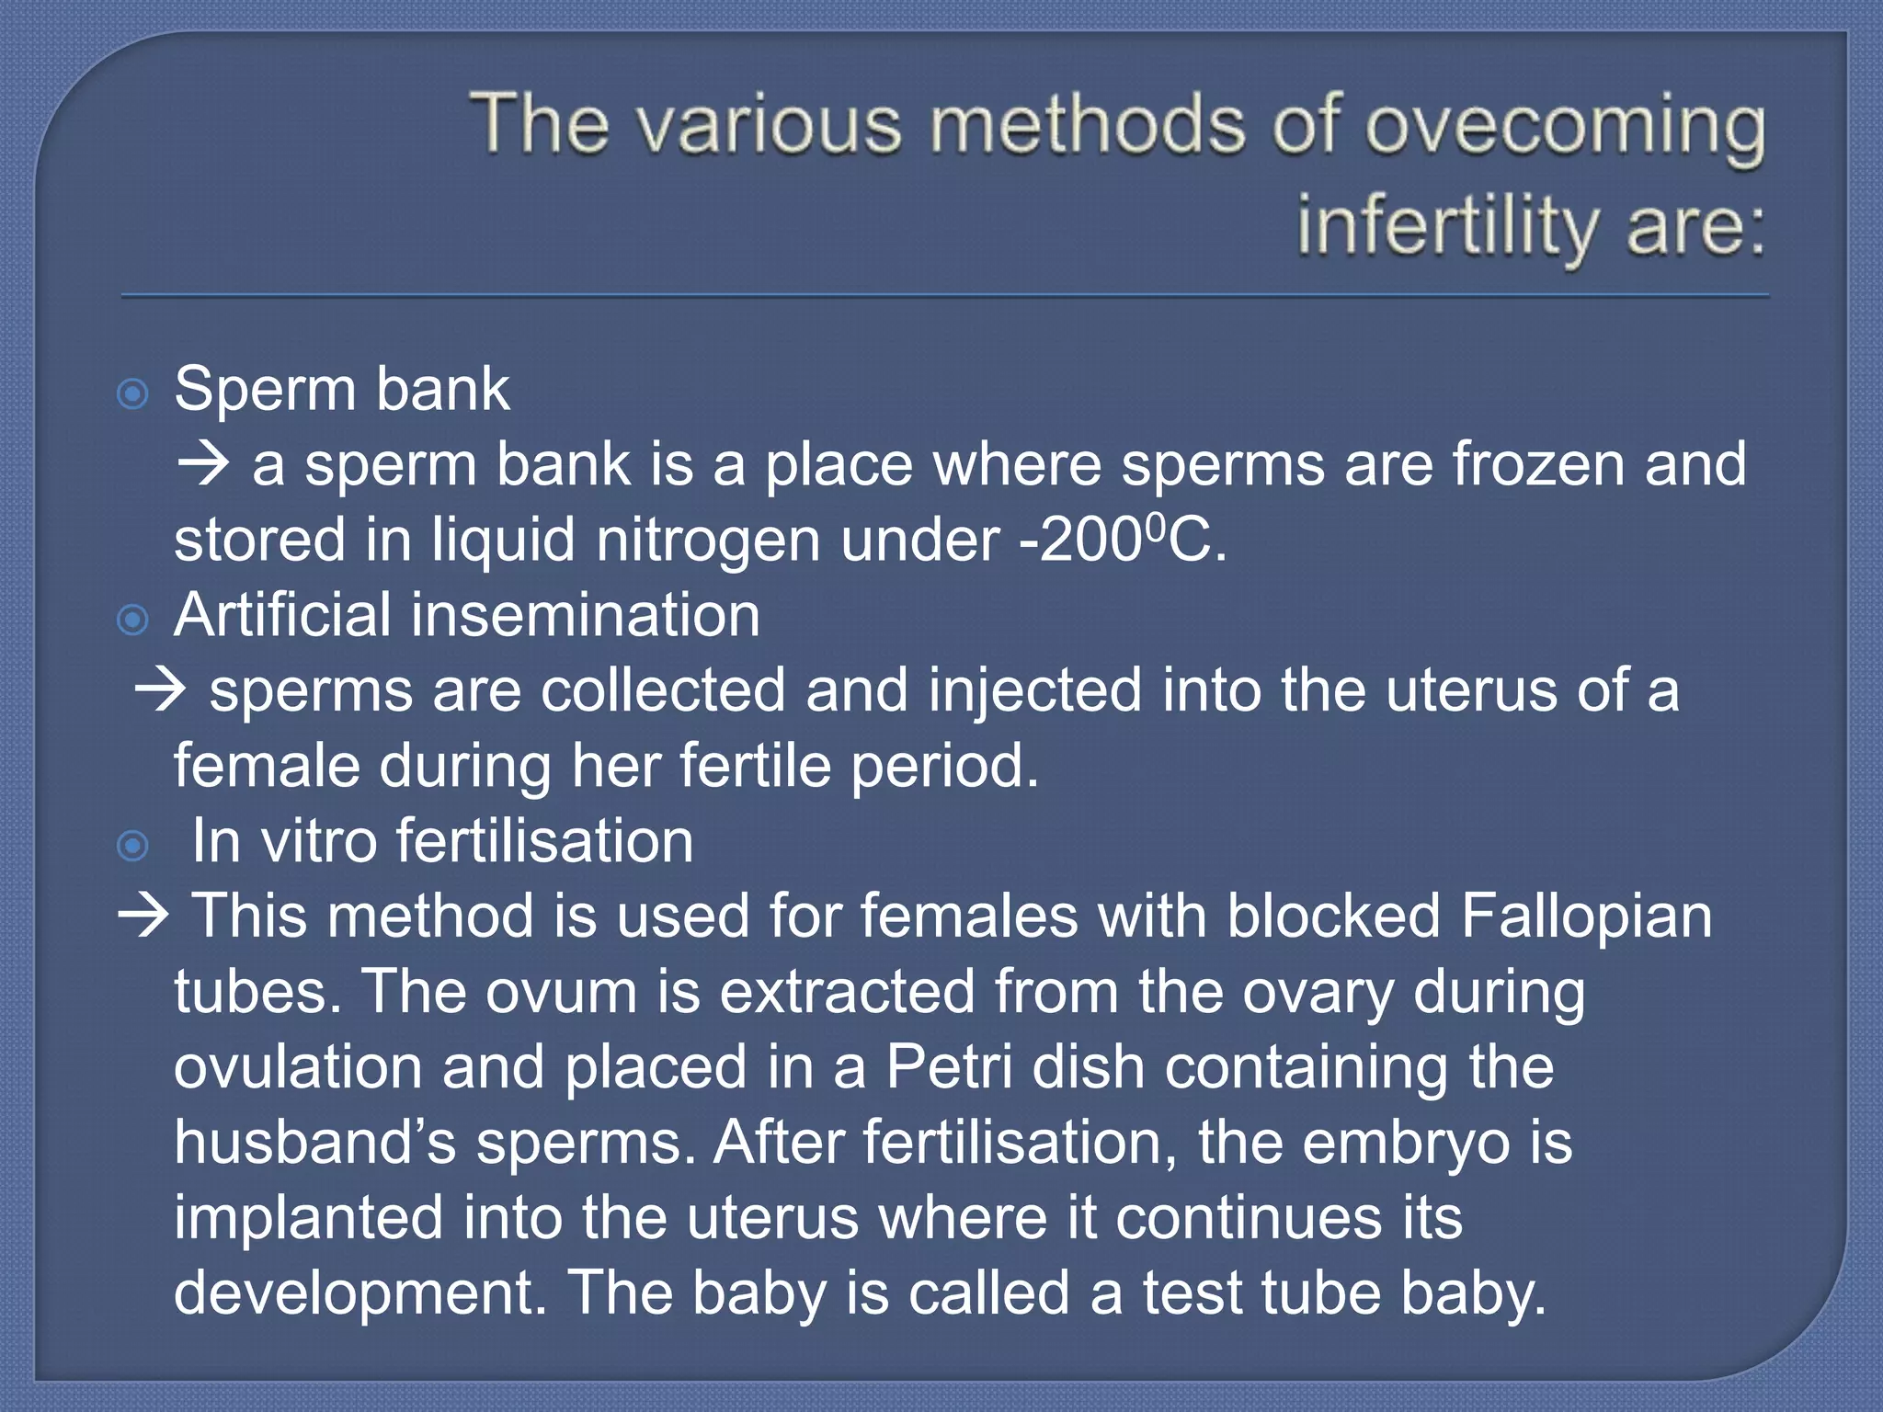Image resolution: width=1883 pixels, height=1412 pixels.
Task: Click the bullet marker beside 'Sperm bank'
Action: click(133, 394)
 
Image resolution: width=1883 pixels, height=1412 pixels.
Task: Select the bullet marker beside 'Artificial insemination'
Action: click(133, 621)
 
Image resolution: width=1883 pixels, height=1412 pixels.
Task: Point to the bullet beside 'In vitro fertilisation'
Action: click(133, 846)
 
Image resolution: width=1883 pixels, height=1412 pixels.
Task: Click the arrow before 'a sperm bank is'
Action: click(203, 463)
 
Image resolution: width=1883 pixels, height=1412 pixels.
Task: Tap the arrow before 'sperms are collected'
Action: click(160, 689)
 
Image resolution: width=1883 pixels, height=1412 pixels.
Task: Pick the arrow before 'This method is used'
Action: click(143, 916)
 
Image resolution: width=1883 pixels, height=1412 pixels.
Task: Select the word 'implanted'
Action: click(309, 1218)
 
